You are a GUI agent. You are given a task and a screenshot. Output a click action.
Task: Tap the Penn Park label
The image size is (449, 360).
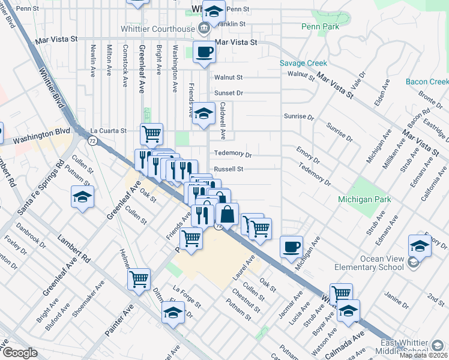tap(321, 26)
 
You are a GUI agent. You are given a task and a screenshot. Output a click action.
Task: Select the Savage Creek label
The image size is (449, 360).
tap(303, 63)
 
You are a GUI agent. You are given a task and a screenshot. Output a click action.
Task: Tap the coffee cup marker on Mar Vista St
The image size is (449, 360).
tap(203, 52)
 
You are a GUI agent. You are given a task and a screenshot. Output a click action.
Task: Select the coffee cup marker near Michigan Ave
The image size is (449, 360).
tap(292, 247)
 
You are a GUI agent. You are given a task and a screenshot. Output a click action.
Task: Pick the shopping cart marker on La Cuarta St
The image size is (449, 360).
tap(151, 133)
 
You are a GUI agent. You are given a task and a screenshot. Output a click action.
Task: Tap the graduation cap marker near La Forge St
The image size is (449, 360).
tap(173, 313)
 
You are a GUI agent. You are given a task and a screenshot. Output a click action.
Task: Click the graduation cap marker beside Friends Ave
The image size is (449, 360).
tap(203, 113)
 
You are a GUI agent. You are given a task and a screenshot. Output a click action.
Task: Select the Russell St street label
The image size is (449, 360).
tap(229, 169)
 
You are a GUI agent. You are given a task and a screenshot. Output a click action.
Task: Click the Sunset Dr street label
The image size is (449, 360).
tap(229, 93)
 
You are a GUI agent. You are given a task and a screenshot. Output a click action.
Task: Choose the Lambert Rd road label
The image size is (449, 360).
tap(73, 248)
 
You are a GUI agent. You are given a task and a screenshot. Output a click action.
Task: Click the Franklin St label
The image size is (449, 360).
tap(233, 23)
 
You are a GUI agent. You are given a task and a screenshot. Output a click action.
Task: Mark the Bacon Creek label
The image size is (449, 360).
tap(427, 82)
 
